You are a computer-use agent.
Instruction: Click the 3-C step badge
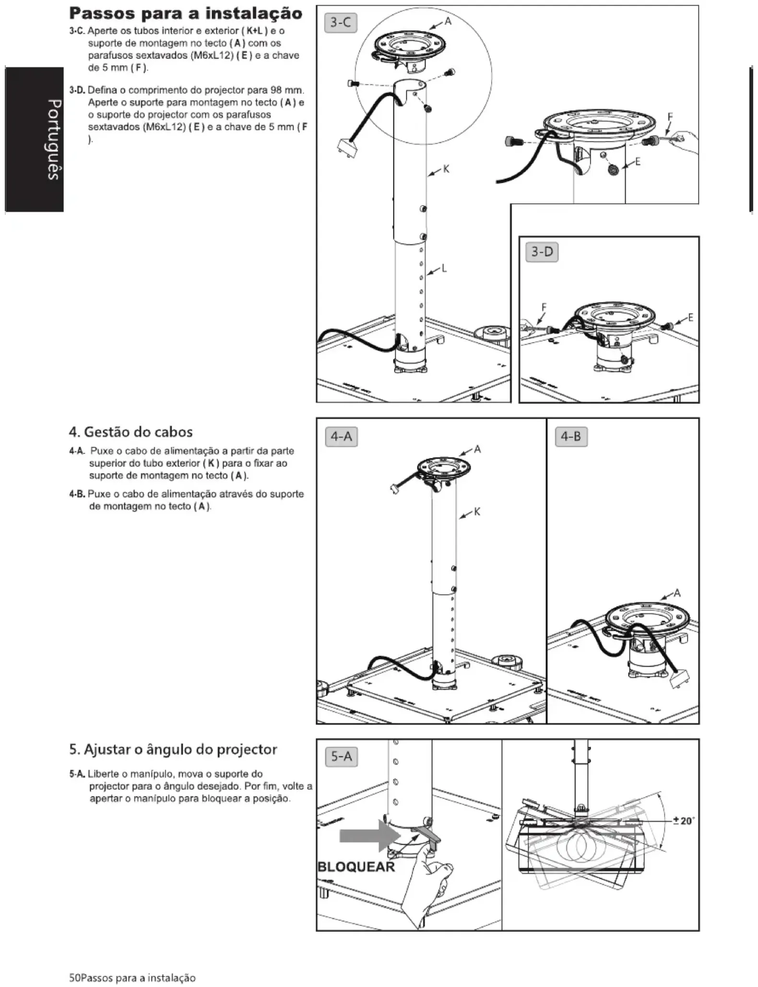341,23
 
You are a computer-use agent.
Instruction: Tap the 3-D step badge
542,252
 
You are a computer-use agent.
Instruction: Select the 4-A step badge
341,436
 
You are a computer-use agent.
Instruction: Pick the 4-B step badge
571,436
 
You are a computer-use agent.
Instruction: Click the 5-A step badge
341,757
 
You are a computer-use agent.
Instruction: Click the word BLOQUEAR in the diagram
356,867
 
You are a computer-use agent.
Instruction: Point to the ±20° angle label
683,821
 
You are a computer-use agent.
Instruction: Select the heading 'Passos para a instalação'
186,13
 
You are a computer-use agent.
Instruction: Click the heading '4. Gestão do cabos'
130,432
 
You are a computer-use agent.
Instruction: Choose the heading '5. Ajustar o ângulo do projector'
173,749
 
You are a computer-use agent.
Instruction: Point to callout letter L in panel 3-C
444,269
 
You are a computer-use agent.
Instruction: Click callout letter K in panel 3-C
446,169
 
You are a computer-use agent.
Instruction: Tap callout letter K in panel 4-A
476,512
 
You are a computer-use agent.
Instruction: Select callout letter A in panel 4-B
677,593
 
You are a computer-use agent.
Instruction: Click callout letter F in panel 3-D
544,307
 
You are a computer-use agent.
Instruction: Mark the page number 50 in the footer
74,977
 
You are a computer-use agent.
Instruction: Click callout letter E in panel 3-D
690,317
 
